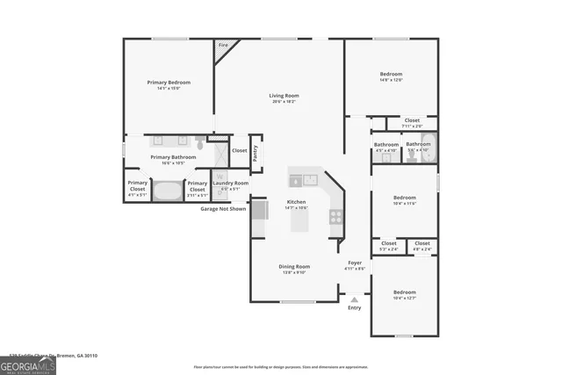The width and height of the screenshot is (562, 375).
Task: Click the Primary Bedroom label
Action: pos(168,83)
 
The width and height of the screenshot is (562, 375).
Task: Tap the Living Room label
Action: pos(284,96)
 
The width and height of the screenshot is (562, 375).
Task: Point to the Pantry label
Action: pos(256,154)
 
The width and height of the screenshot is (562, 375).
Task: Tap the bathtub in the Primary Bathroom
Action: pos(167,190)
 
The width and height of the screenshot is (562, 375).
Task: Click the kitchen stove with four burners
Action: pos(335,216)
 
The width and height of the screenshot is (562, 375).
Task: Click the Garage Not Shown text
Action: pos(223,209)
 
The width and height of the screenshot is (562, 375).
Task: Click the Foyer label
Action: pos(355,263)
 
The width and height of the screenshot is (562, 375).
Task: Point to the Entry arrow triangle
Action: pos(355,299)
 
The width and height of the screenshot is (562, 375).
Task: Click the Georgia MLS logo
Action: pos(28,365)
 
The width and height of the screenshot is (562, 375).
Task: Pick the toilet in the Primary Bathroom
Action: pos(201,141)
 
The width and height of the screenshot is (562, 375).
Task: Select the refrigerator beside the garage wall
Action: pos(260,211)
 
